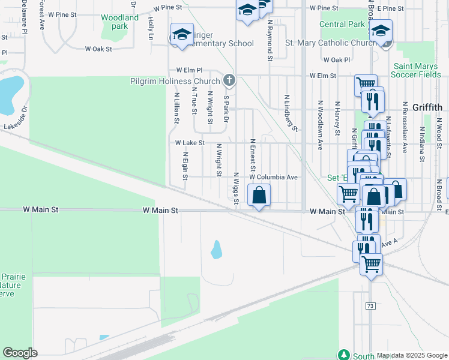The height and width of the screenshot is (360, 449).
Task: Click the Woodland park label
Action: coord(119,22)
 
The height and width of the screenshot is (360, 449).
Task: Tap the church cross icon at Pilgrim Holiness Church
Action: coord(228,80)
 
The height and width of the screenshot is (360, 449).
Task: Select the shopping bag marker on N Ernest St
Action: coord(259,196)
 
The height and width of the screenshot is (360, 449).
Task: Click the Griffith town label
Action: coord(427,108)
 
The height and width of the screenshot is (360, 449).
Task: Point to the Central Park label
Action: coord(342,24)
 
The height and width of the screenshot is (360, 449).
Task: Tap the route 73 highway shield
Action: coord(370,306)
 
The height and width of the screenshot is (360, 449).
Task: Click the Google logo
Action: coord(20,353)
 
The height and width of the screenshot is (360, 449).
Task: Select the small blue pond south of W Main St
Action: coord(216,249)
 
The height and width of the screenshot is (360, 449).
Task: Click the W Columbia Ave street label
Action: coord(273,178)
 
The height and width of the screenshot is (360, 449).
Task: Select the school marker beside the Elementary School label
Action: coord(181,35)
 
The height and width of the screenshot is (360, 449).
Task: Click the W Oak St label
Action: coord(98,49)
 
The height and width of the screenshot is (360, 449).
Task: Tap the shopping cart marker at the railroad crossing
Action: coord(372,263)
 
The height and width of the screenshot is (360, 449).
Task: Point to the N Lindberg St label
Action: coord(291,113)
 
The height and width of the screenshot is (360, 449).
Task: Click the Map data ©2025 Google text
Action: coord(412,356)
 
